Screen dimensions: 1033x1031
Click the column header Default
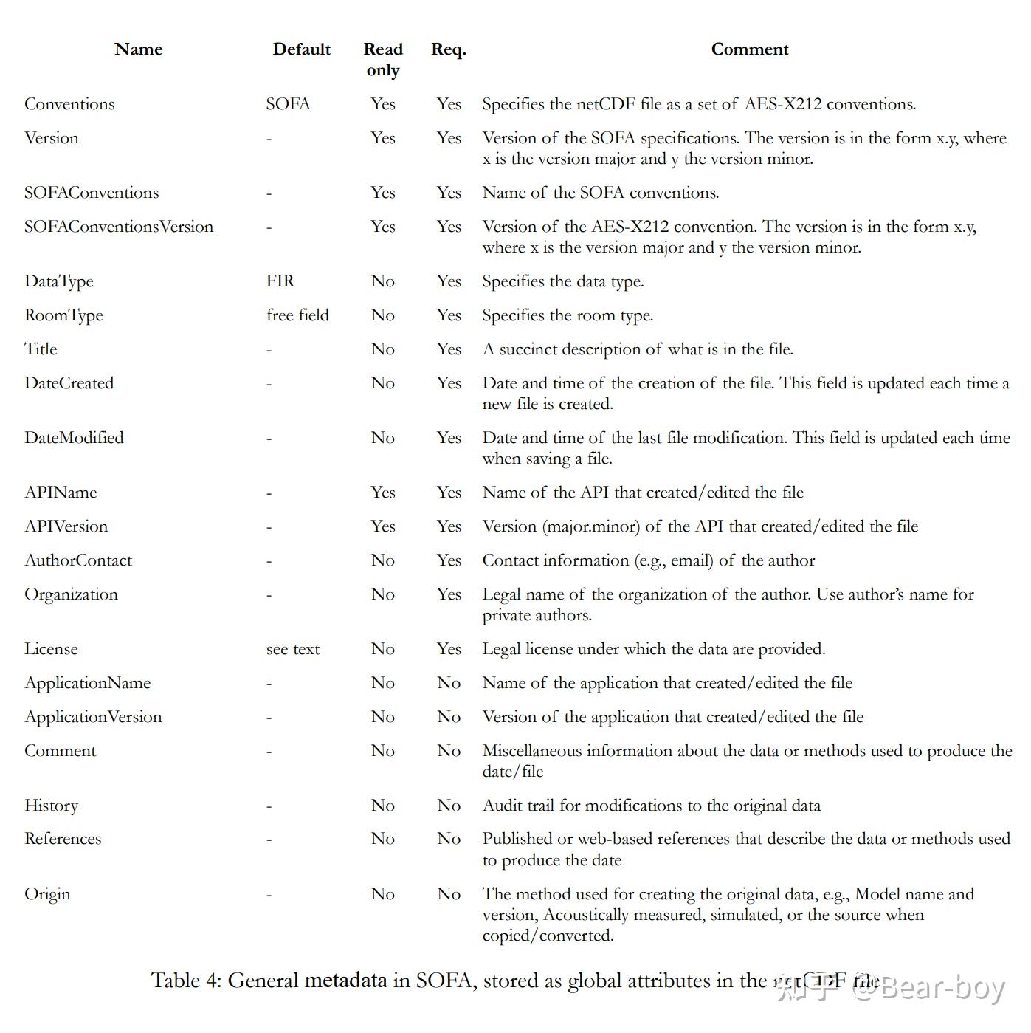(301, 49)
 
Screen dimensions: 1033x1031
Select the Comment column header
(749, 49)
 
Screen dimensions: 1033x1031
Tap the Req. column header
(449, 49)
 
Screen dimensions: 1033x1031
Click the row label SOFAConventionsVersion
(119, 227)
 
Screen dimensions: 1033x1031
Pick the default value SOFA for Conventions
(288, 104)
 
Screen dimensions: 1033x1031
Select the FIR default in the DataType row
(280, 281)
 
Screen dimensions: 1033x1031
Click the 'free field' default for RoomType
(297, 315)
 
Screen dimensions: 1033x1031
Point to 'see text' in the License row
(293, 649)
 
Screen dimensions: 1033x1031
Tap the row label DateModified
(74, 438)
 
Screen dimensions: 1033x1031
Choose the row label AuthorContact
(78, 560)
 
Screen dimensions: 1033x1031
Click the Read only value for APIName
(383, 493)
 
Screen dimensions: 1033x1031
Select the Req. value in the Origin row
(449, 894)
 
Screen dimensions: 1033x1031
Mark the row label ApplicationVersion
(93, 717)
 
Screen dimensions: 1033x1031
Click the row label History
(51, 806)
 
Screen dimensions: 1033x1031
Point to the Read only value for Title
(383, 349)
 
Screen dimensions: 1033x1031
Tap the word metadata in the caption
(345, 981)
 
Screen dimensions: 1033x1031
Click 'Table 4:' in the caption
(186, 981)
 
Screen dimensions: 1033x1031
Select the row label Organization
(71, 594)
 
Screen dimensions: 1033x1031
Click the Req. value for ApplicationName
(449, 683)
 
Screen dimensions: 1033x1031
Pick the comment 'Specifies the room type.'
(568, 315)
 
